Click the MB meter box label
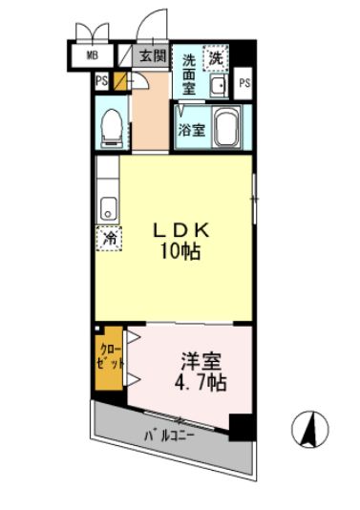coord(92,55)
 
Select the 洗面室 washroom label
coord(190,73)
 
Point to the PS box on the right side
coord(245,82)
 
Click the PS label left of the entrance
coord(101,81)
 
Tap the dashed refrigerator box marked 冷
coord(110,239)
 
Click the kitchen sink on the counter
coord(107,206)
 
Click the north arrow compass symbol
coord(311,429)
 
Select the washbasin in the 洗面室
coord(217,89)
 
